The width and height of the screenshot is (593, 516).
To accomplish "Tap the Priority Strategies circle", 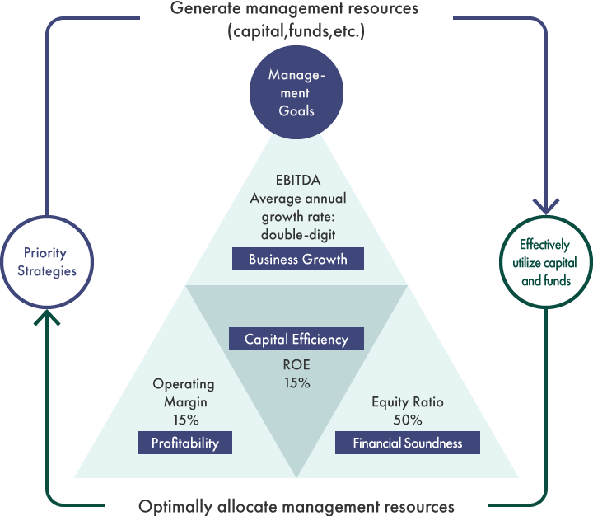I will click(x=44, y=261).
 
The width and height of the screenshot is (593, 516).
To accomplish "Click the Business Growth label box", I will click(x=297, y=260).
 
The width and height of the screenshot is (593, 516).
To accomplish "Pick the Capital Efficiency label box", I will click(x=296, y=339).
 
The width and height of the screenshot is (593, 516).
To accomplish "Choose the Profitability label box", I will click(x=185, y=443).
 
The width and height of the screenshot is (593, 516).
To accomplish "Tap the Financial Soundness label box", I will click(x=408, y=443).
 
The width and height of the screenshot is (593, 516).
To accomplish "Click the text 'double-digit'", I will click(x=296, y=233).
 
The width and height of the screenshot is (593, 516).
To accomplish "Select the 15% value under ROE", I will click(x=296, y=383).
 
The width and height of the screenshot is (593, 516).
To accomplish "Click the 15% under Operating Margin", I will click(x=184, y=420).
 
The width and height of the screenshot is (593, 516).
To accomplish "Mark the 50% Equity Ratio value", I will click(x=408, y=420).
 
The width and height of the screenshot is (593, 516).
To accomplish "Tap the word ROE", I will click(x=296, y=365).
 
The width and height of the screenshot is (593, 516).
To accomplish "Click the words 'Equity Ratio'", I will click(x=408, y=402).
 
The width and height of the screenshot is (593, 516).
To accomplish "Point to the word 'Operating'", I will click(x=184, y=384).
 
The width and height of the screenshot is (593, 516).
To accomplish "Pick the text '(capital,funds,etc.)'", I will click(x=296, y=33).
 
